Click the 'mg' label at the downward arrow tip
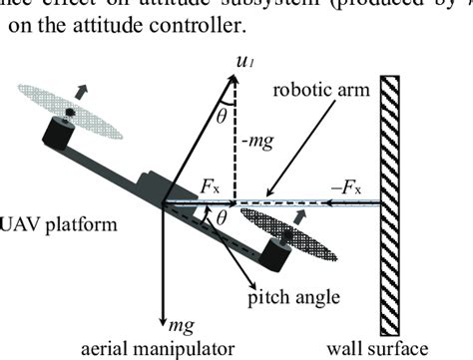[x=177, y=323]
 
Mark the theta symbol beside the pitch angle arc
[x=224, y=214]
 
